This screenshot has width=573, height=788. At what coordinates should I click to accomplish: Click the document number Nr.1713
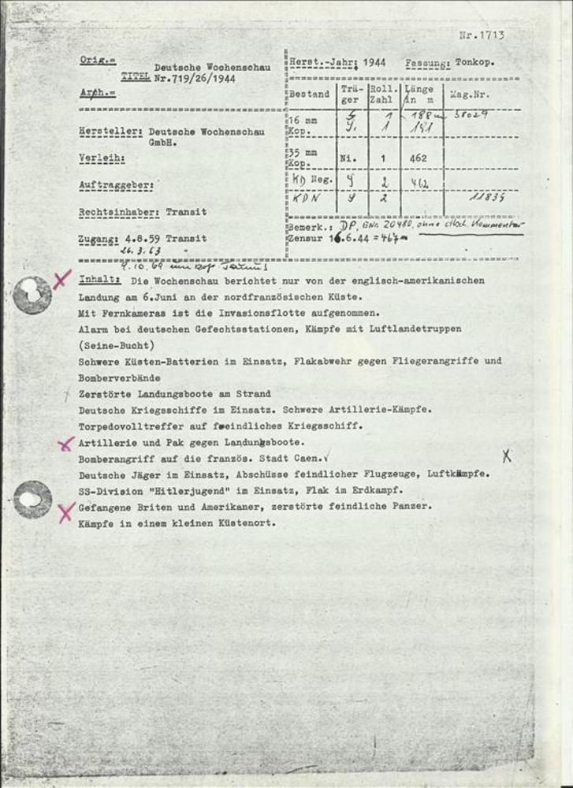(481, 35)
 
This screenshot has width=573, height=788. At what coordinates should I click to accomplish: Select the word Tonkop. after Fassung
(474, 62)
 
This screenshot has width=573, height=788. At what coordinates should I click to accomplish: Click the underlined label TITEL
(134, 80)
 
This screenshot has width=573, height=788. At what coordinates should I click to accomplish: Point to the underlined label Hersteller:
(111, 132)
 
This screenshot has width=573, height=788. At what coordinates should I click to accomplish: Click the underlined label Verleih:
(102, 158)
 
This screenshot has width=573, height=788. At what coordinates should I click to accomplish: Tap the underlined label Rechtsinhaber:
(121, 212)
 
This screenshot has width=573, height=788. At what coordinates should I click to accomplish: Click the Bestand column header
(308, 95)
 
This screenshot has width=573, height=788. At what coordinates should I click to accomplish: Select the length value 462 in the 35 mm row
(419, 158)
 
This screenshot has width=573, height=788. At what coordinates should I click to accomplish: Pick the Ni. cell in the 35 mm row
(348, 158)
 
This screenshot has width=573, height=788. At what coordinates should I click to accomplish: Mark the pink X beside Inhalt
(62, 278)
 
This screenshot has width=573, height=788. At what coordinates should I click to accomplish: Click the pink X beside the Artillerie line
(66, 444)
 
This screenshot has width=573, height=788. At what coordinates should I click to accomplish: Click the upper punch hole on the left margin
(32, 293)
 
